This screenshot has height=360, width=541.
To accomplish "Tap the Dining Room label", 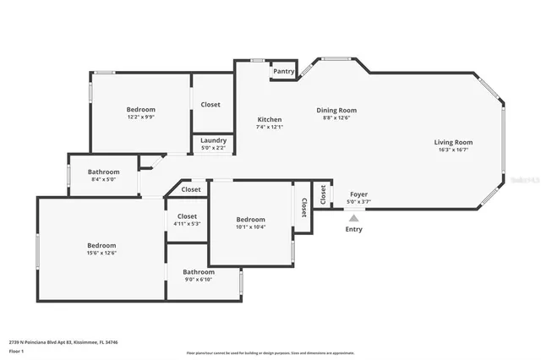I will point(336,110).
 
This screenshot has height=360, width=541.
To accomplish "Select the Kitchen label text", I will point(269,119).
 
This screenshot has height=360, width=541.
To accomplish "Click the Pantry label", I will point(284,72).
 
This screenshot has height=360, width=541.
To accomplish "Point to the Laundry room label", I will point(213,140).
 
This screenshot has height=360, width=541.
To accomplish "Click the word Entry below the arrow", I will point(353,229).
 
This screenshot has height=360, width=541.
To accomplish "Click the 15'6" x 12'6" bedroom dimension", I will point(101,253).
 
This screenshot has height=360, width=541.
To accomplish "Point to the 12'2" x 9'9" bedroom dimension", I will point(141,117).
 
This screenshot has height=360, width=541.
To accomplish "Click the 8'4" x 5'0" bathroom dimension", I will point(103,179).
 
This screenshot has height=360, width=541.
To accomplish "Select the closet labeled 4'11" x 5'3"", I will point(187,224).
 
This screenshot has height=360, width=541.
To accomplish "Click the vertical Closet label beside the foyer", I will point(323,194).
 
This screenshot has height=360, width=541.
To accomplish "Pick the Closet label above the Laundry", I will point(210,105).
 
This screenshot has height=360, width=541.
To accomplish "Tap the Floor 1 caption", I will point(16,350).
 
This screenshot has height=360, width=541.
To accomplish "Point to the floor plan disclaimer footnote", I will point(270,352).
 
